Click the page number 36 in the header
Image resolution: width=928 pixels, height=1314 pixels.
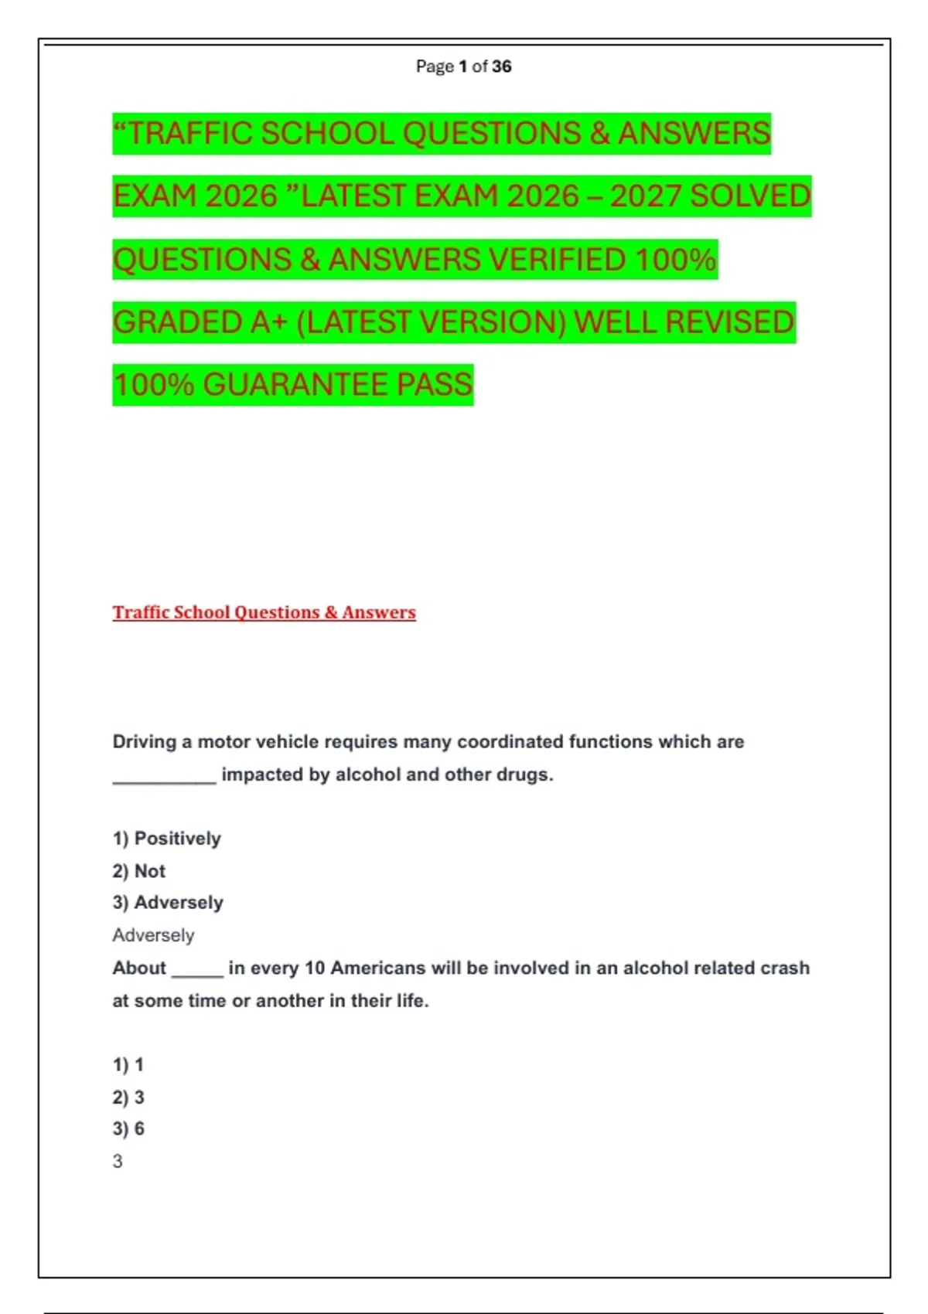(501, 66)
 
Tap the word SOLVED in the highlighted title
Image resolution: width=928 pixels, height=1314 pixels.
(749, 196)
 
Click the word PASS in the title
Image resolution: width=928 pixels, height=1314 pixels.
(434, 385)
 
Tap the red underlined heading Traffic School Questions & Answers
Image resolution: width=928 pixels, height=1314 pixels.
(264, 612)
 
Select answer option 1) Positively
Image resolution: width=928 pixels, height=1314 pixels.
(166, 839)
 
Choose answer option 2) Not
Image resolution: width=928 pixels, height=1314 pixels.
(138, 871)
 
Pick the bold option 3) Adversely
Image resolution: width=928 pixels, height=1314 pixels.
(168, 903)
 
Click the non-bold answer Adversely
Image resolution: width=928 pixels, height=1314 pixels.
(153, 935)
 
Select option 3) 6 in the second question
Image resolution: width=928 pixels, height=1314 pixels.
(128, 1129)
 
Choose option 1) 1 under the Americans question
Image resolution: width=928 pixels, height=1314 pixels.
(128, 1065)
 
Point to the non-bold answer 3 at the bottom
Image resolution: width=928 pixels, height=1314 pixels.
(118, 1162)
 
